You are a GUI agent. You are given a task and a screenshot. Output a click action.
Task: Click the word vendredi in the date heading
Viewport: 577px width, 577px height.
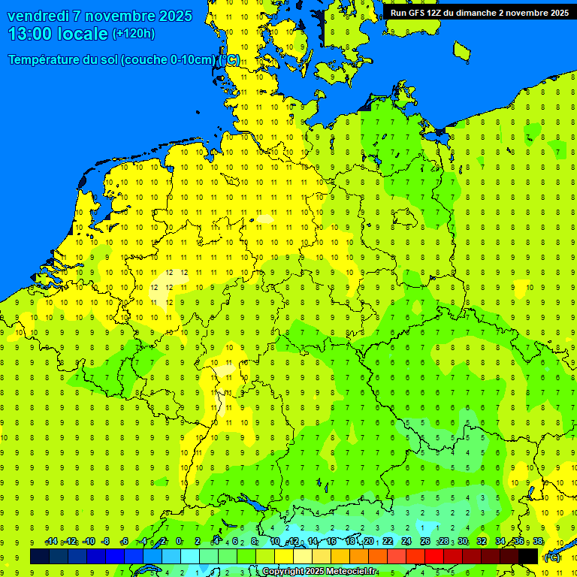click(x=38, y=16)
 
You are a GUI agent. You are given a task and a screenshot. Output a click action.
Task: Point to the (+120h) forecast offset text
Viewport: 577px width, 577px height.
click(x=133, y=33)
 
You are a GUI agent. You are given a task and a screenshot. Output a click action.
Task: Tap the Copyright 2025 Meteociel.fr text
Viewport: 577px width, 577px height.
click(x=319, y=572)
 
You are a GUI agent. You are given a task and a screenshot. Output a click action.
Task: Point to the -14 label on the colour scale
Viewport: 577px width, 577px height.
click(x=51, y=542)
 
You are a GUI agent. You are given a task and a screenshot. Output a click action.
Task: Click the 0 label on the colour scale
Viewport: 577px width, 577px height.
click(x=179, y=542)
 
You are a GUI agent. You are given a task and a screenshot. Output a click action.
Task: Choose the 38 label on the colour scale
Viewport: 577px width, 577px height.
click(x=538, y=542)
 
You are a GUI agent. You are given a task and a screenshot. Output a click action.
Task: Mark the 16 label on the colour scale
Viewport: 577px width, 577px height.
click(x=331, y=542)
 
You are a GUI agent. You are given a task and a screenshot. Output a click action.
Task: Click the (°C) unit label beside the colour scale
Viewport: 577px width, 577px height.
click(x=551, y=557)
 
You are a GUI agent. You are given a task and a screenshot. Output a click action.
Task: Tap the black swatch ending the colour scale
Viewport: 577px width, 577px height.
click(x=528, y=556)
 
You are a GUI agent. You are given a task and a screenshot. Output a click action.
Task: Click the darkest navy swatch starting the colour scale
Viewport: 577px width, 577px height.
click(x=40, y=556)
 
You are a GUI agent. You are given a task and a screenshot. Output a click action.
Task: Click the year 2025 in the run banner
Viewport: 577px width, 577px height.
click(x=557, y=13)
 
